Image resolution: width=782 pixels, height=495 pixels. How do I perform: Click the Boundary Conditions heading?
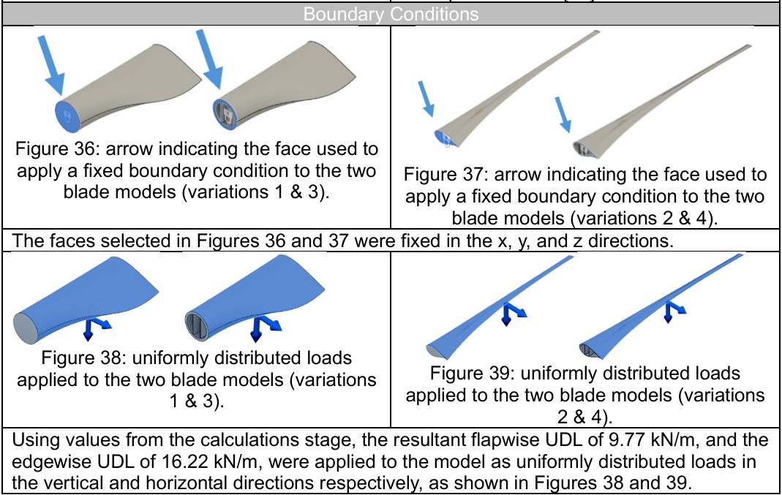click(391, 15)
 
